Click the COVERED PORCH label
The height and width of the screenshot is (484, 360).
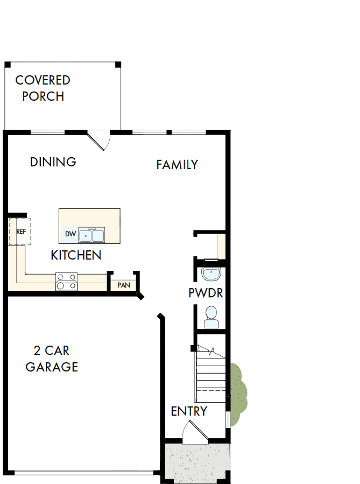(x=43, y=88)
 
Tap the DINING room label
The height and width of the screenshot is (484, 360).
(x=53, y=162)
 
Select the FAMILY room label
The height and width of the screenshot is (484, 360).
(x=177, y=165)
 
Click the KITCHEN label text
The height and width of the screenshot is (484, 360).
(x=76, y=255)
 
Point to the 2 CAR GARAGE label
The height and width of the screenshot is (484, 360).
(x=52, y=359)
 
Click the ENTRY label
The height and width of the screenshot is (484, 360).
(x=189, y=411)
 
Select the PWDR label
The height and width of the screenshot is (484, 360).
(x=206, y=293)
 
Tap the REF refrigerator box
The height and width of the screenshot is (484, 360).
(x=20, y=232)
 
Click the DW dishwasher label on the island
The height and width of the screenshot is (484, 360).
(x=70, y=234)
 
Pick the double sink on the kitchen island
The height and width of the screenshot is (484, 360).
(x=91, y=235)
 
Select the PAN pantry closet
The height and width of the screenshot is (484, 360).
(x=123, y=284)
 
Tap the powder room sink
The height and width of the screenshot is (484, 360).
(x=210, y=274)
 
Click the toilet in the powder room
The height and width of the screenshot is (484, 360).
(x=210, y=317)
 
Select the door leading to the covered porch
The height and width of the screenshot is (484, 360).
(x=100, y=140)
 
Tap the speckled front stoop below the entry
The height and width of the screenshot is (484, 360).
(x=196, y=462)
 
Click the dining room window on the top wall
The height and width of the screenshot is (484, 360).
(x=48, y=132)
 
